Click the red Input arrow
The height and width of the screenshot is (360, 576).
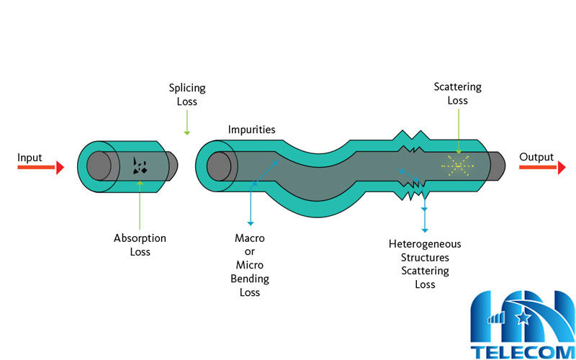click(40, 168)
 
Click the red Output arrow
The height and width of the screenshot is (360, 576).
click(541, 168)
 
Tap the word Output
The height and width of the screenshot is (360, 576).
click(536, 157)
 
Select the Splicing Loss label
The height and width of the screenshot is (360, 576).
click(187, 95)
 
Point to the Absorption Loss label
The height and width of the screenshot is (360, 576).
click(140, 245)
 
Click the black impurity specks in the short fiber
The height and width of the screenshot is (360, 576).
click(140, 167)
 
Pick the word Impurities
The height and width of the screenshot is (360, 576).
click(252, 130)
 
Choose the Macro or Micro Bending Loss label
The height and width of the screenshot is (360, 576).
click(250, 265)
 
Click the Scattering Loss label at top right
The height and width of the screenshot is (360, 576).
click(457, 94)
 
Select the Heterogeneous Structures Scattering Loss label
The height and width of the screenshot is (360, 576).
click(425, 264)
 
